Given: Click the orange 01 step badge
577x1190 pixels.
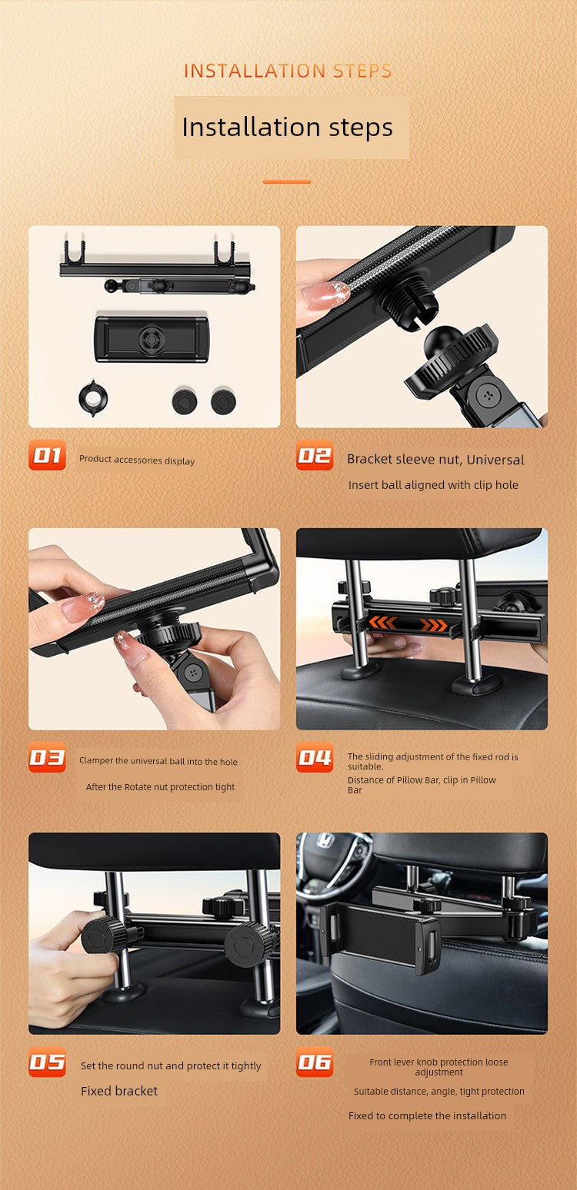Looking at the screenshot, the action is (x=48, y=455).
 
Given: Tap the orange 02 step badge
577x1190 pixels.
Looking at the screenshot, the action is (x=315, y=455).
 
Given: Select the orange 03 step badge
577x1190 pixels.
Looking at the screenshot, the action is (x=48, y=757).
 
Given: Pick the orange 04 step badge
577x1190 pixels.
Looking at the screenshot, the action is (x=315, y=757).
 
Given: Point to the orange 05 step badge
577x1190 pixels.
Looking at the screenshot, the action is (x=48, y=1062).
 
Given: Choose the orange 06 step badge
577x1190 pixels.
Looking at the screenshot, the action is (x=315, y=1062).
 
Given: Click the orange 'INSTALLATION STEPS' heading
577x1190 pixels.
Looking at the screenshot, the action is (x=288, y=71).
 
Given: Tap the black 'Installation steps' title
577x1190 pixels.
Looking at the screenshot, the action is (x=287, y=128).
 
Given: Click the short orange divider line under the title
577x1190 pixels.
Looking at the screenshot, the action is (x=287, y=181).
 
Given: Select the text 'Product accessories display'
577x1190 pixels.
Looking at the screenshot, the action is (x=137, y=460).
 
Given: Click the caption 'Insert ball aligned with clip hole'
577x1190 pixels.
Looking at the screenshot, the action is (x=433, y=485).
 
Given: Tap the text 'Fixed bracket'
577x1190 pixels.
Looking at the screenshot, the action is (x=119, y=1091).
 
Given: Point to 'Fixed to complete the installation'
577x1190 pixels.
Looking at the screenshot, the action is (x=427, y=1115).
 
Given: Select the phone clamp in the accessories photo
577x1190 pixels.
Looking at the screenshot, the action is (x=152, y=339).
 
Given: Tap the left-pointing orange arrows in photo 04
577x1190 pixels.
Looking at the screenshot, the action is (x=382, y=622).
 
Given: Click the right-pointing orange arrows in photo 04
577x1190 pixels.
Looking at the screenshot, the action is (x=433, y=625).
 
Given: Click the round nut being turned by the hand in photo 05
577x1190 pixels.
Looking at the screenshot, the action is (x=105, y=935).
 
